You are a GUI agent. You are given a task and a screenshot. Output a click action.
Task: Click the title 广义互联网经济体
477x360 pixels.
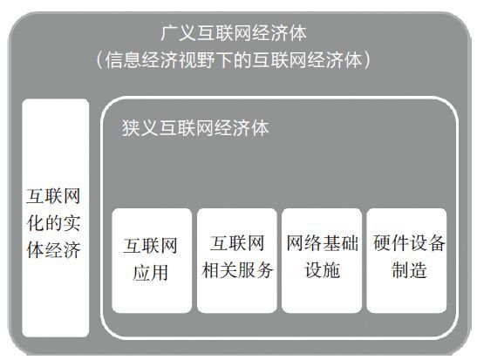point(234,33)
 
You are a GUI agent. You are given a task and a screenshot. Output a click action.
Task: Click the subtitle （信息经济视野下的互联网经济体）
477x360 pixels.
point(234,60)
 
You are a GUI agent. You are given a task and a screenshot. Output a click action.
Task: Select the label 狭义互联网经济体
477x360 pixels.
point(195,128)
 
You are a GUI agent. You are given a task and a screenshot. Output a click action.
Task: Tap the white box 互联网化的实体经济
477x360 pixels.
point(55,218)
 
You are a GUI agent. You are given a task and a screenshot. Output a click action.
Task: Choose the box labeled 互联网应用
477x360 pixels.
point(152,261)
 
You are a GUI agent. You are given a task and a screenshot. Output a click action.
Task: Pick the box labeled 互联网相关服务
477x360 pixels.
point(236,261)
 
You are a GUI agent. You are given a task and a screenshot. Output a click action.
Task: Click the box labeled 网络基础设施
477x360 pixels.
point(322,261)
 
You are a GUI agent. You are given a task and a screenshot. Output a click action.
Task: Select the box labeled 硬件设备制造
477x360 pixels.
point(406,261)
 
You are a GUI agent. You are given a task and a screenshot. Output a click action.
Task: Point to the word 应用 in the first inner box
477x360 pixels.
point(150,272)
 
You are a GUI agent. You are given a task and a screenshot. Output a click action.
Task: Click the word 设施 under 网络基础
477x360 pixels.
point(322,270)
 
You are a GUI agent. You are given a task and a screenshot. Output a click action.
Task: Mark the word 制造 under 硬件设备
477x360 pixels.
point(409,270)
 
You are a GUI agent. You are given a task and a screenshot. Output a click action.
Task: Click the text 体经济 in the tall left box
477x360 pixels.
point(53,250)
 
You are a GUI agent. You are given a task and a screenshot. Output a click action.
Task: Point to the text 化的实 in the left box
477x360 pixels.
point(53,223)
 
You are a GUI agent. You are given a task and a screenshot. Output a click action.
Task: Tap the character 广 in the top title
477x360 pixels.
point(169,33)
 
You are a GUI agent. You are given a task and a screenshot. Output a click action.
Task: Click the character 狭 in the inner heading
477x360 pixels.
point(131,128)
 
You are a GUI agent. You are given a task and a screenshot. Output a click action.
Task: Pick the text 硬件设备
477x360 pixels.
point(409,243)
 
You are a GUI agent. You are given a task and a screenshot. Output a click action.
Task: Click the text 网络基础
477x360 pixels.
point(322,243)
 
